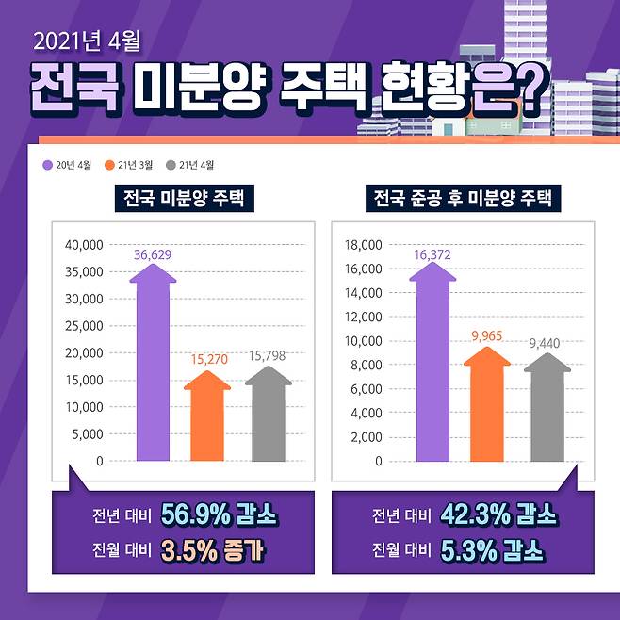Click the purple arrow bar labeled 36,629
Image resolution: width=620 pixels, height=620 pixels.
click(x=153, y=367)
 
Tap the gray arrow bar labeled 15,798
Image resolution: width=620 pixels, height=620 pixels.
click(x=268, y=417)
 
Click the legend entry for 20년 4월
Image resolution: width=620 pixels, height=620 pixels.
click(x=69, y=166)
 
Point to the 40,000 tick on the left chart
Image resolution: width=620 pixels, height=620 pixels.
click(x=84, y=245)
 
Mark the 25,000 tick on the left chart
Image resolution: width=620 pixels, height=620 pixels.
click(x=84, y=326)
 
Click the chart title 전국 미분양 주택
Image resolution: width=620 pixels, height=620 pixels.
click(x=183, y=199)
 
